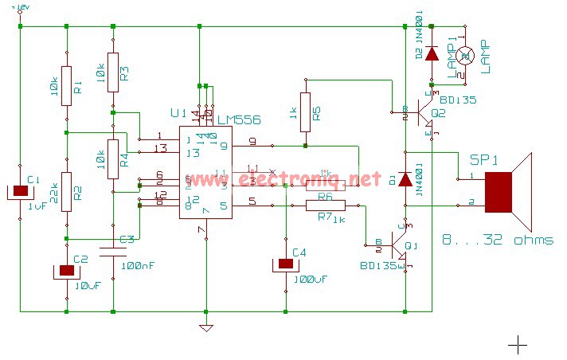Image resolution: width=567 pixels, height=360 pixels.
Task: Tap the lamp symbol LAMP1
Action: (x=467, y=55)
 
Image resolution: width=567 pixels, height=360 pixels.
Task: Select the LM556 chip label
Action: (x=239, y=119)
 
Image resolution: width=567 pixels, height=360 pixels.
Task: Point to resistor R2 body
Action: (x=66, y=192)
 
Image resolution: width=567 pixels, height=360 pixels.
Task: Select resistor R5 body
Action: (x=305, y=109)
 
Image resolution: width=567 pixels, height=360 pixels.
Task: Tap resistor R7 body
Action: (x=326, y=205)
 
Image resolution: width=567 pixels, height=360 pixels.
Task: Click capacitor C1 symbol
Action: (x=20, y=192)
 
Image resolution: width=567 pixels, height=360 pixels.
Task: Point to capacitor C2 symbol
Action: (x=66, y=271)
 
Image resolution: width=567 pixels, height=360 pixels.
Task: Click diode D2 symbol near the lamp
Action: (x=432, y=53)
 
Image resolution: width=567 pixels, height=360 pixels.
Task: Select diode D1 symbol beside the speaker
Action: (x=405, y=179)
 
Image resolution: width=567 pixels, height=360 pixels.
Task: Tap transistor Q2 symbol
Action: (x=422, y=112)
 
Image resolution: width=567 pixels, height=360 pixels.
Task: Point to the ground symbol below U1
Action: (x=206, y=327)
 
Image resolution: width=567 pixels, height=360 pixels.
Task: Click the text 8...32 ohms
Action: (x=497, y=240)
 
